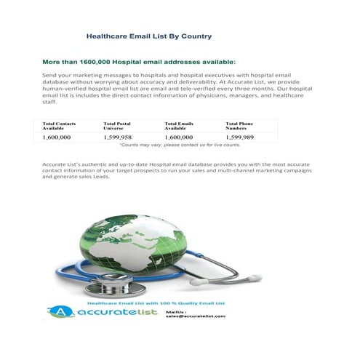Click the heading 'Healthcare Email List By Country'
(x=149, y=35)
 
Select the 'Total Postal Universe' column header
(x=118, y=126)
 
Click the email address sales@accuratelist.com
(x=195, y=317)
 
